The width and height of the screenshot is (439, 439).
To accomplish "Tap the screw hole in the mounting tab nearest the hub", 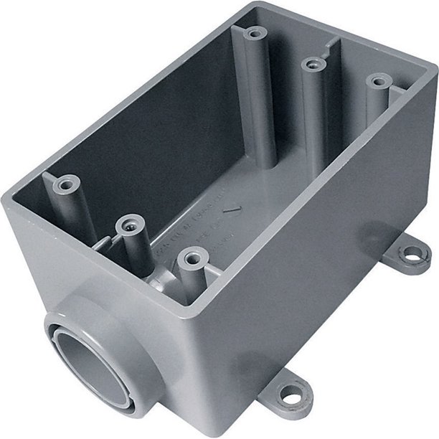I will click(x=291, y=393).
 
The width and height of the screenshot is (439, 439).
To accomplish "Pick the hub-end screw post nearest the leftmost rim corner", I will click(x=66, y=184).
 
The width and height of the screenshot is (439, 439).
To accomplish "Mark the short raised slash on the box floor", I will click(x=231, y=209).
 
